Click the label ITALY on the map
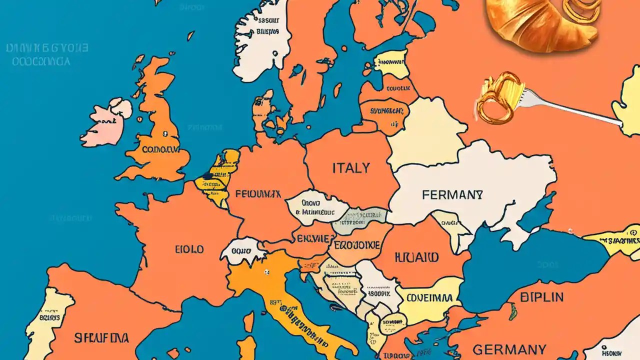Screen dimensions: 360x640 click(x=351, y=168)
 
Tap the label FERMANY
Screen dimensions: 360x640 click(x=452, y=194)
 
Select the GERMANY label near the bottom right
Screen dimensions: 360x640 click(x=509, y=348)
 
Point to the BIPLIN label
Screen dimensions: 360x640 click(x=541, y=297)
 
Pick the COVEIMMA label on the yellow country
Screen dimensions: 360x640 click(x=429, y=298)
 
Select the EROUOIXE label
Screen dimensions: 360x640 click(x=357, y=245)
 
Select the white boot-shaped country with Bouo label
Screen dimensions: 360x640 click(x=242, y=251)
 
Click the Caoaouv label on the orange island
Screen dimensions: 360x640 click(x=160, y=149)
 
